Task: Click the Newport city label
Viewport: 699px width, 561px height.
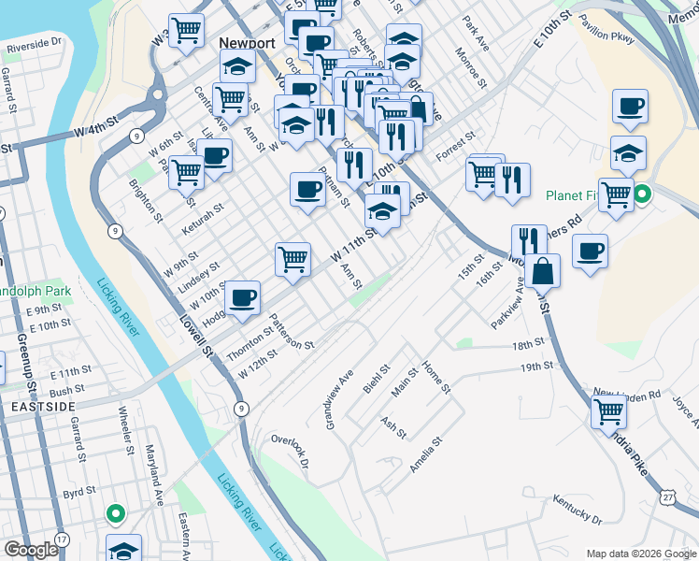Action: [246, 43]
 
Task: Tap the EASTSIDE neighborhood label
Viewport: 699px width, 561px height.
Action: [38, 408]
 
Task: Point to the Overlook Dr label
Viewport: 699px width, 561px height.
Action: [290, 449]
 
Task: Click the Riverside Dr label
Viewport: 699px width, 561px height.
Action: [34, 44]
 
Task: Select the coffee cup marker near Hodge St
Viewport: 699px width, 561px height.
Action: [243, 297]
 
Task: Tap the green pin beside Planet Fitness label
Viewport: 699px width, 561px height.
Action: [642, 196]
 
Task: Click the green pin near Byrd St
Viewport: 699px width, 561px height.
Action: [115, 512]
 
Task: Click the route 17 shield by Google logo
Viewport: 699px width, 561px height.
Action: [62, 539]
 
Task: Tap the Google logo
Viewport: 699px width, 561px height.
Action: [30, 550]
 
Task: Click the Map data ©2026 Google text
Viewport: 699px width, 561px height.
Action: [640, 554]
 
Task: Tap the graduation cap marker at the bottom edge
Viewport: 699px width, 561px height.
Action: [123, 550]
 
